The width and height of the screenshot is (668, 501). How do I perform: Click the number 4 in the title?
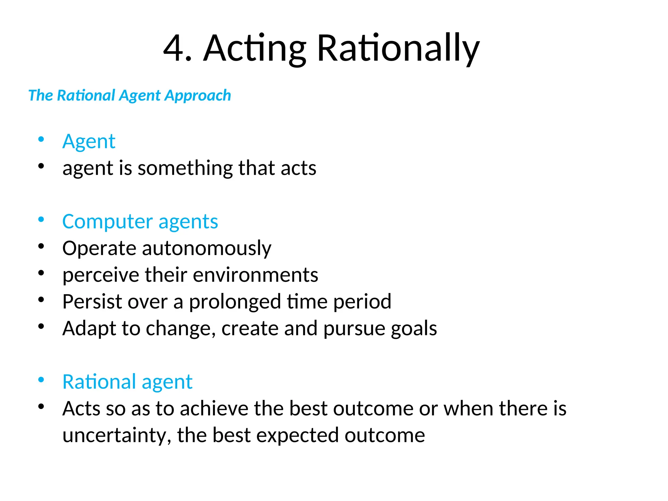[174, 48]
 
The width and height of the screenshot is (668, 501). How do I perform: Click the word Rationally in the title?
[398, 48]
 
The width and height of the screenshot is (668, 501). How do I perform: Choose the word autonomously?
[206, 249]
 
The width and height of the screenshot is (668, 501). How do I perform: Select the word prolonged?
[235, 302]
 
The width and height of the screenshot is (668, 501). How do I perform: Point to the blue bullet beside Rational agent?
[41, 380]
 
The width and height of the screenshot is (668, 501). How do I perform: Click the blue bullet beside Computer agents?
[41, 220]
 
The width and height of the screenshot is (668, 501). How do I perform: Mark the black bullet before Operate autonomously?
[41, 246]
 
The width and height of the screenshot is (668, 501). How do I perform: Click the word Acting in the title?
[254, 48]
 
